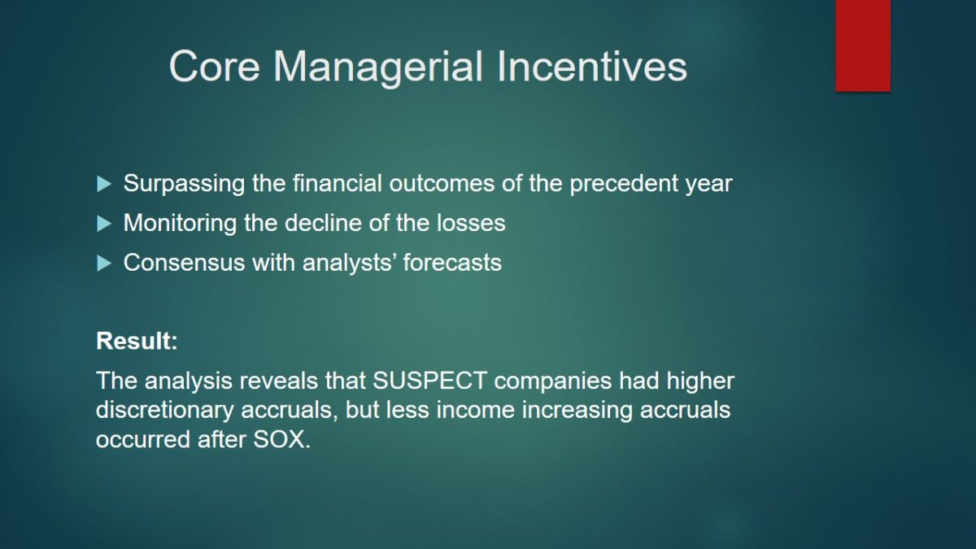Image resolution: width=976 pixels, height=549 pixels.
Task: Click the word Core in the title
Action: [x=215, y=66]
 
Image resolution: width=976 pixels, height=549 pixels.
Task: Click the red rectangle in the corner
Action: [x=863, y=46]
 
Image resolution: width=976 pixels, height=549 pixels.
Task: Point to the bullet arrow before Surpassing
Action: [x=104, y=184]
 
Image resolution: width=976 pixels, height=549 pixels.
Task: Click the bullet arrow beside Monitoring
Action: [x=104, y=224]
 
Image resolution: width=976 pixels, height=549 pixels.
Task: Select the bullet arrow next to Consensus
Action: [x=104, y=264]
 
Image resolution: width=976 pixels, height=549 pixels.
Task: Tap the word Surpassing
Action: [x=184, y=184]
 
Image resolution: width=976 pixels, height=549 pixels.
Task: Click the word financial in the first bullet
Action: [x=338, y=183]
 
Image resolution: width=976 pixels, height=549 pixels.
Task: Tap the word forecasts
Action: [x=452, y=262]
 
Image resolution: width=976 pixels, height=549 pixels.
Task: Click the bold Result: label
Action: [x=137, y=341]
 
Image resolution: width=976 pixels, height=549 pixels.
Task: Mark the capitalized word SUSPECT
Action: [x=429, y=381]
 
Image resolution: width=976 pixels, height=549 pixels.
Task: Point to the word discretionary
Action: [x=164, y=411]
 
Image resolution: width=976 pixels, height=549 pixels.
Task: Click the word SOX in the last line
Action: [x=281, y=439]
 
